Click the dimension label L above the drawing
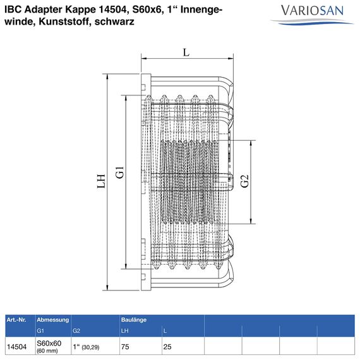point(186,52)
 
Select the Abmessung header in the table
point(52,320)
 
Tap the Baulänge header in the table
point(134,320)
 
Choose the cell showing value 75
point(125,347)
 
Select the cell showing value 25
point(167,347)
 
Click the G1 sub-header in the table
point(40,330)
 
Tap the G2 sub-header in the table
point(76,330)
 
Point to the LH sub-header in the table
point(124,330)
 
